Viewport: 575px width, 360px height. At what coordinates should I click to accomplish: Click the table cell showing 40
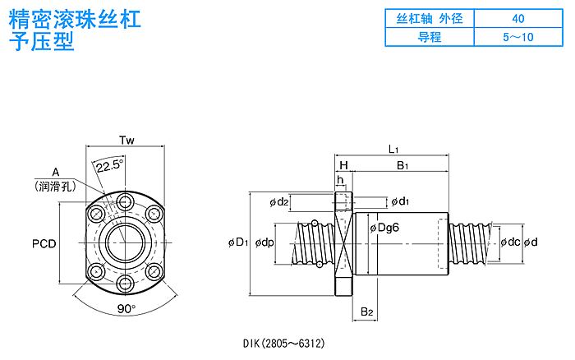(x=518, y=18)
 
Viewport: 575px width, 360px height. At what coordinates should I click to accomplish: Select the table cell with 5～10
(x=518, y=37)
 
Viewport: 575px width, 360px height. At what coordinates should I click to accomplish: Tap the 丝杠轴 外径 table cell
(x=430, y=18)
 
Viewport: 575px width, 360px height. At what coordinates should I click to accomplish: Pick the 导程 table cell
(x=430, y=37)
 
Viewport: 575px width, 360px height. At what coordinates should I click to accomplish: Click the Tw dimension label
(x=126, y=141)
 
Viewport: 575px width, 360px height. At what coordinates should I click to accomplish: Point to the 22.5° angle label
(x=109, y=166)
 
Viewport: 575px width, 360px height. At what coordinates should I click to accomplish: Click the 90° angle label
(x=126, y=308)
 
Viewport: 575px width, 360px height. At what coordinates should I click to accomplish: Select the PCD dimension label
(x=44, y=243)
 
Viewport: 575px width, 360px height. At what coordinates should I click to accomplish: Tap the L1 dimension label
(x=393, y=149)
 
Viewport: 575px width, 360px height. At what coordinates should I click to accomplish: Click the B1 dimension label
(x=402, y=165)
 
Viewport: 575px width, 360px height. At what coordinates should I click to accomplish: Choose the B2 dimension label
(x=366, y=312)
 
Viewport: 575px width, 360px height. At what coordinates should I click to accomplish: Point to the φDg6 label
(x=384, y=228)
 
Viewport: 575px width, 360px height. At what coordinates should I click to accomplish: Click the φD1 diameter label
(x=238, y=242)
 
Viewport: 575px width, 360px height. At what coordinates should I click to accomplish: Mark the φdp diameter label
(x=264, y=242)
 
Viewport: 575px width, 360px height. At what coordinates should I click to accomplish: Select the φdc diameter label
(x=510, y=242)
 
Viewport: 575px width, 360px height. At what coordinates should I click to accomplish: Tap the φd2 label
(x=279, y=202)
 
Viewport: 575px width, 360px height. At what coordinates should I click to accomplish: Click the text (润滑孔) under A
(x=55, y=187)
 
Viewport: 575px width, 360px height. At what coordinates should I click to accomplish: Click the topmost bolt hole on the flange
(x=126, y=202)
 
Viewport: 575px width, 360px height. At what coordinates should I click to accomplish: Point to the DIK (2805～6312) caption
(x=284, y=343)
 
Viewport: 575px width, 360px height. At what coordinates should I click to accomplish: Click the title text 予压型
(x=41, y=41)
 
